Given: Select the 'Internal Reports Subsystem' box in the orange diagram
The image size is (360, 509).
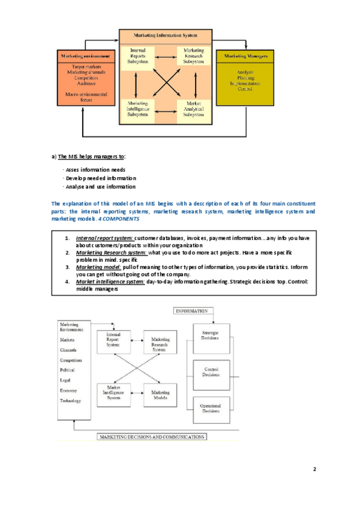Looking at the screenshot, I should [x=138, y=56].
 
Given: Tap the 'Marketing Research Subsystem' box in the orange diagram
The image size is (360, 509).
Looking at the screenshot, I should [x=193, y=56].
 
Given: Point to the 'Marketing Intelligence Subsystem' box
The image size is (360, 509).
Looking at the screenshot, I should [x=138, y=109].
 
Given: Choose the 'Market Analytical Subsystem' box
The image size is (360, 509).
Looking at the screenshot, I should [x=193, y=109].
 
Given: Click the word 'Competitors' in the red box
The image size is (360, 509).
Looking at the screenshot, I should [x=84, y=78].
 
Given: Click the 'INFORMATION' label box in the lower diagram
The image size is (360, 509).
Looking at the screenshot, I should [x=191, y=312].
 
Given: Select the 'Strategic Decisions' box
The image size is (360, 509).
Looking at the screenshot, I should [x=211, y=335].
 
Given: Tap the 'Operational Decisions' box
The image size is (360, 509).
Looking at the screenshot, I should [x=211, y=408].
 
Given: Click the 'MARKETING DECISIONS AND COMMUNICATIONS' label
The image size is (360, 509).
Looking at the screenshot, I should [x=152, y=437].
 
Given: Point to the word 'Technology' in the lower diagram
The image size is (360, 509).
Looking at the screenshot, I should [x=70, y=400].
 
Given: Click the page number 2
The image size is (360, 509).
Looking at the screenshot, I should [x=314, y=469].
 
